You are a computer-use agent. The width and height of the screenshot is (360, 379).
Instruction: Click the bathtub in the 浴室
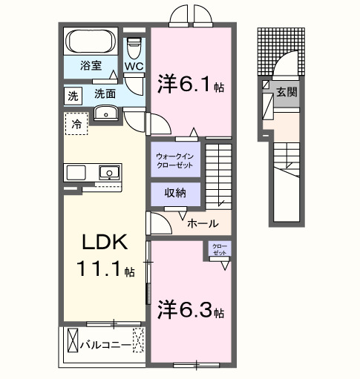(x=88, y=40)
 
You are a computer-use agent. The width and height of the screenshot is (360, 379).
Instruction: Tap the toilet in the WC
(x=134, y=50)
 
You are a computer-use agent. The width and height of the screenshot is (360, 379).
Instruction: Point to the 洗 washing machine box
(x=73, y=95)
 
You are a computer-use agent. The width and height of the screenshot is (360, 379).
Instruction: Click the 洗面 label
(x=105, y=94)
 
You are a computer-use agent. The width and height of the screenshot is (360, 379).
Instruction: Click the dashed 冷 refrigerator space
(x=76, y=125)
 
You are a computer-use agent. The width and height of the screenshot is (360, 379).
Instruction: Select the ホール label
(x=202, y=223)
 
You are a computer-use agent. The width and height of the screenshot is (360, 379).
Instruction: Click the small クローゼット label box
(x=219, y=249)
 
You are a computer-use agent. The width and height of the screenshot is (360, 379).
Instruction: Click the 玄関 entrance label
(x=287, y=93)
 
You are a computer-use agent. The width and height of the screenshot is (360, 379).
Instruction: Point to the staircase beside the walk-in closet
(x=219, y=174)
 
